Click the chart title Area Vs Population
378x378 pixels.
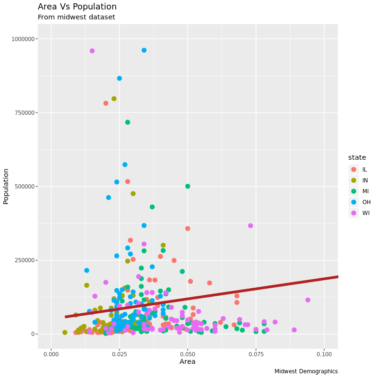click(x=77, y=7)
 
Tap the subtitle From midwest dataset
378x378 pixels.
click(x=76, y=17)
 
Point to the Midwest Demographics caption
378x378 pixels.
click(x=306, y=371)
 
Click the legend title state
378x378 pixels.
click(x=357, y=157)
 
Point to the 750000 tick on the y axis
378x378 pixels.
click(x=24, y=112)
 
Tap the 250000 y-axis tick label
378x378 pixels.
click(x=24, y=260)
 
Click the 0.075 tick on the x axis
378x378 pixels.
click(x=256, y=354)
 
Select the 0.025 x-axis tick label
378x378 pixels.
click(x=120, y=354)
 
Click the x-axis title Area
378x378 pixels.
click(x=188, y=362)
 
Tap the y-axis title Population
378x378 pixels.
click(x=6, y=186)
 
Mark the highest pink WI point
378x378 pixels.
click(x=92, y=51)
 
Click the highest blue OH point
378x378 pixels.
click(x=144, y=50)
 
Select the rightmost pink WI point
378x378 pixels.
click(x=308, y=300)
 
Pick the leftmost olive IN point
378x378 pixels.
click(x=65, y=333)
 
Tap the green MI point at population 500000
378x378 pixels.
click(x=188, y=186)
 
